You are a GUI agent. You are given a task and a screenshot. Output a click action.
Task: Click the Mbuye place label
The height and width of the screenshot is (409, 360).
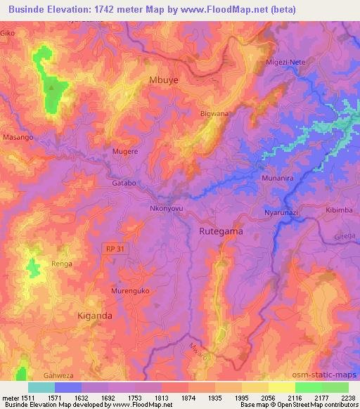[x=165, y=80]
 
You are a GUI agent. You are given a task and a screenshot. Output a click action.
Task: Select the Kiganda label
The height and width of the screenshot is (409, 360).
[x=95, y=316]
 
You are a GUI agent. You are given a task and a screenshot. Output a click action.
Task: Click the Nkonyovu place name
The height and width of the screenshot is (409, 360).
[x=167, y=209]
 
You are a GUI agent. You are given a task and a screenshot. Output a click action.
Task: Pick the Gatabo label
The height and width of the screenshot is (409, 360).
[x=123, y=183]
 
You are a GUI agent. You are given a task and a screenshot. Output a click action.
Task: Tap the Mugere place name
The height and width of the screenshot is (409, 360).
[x=125, y=151]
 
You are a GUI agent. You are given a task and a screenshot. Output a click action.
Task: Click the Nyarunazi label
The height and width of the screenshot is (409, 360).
[x=282, y=212]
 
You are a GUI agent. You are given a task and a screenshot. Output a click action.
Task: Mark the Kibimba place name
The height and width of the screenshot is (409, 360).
[x=338, y=210]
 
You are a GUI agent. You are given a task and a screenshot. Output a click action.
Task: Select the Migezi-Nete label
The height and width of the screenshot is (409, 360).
[x=285, y=63]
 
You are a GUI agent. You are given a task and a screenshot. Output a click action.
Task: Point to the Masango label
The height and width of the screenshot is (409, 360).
[x=18, y=138]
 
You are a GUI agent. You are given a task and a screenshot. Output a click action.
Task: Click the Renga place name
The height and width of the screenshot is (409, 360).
[x=61, y=264]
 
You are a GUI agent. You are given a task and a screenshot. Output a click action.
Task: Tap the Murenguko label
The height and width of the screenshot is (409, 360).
[x=130, y=290]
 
